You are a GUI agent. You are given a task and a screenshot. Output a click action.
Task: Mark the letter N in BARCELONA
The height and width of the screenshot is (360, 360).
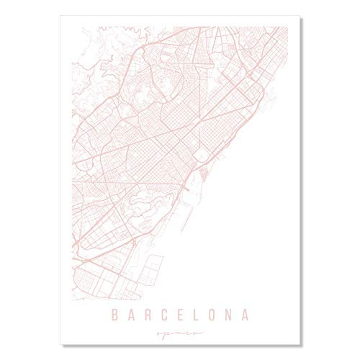233,314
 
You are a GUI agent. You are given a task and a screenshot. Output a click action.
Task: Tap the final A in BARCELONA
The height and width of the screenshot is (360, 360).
249,314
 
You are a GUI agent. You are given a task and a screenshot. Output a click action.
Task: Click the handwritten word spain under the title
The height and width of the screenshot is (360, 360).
180,333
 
